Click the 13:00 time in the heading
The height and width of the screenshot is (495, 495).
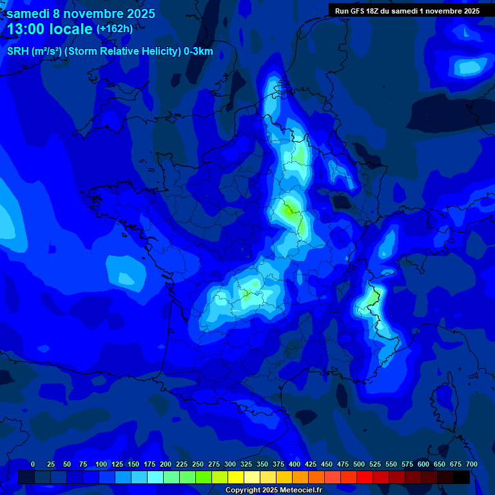pyautogui.click(x=28, y=29)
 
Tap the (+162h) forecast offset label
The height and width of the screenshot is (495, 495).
pyautogui.click(x=114, y=29)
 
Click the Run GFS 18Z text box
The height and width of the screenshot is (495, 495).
pyautogui.click(x=407, y=11)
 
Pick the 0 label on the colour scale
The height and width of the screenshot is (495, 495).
pyautogui.click(x=33, y=464)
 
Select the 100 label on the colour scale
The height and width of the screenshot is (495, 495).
pyautogui.click(x=101, y=464)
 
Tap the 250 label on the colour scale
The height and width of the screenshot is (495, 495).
pyautogui.click(x=198, y=464)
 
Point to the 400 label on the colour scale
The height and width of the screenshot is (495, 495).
pyautogui.click(x=295, y=464)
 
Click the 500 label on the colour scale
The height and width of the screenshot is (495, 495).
pyautogui.click(x=359, y=464)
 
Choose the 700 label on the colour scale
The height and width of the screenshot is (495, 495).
pyautogui.click(x=472, y=464)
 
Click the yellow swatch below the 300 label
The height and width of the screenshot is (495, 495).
pyautogui.click(x=236, y=477)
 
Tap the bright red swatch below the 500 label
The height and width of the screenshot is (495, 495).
pyautogui.click(x=365, y=477)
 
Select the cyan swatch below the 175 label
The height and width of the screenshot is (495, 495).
pyautogui.click(x=155, y=477)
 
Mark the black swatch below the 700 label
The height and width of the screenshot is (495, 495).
pyautogui.click(x=461, y=477)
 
